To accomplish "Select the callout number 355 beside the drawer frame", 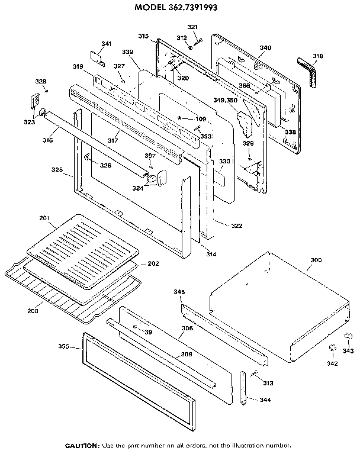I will click(65, 346).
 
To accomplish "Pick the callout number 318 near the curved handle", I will click(318, 56).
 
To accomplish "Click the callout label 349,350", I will click(225, 101).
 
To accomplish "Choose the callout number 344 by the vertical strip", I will click(266, 400).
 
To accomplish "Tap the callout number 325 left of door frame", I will click(57, 170).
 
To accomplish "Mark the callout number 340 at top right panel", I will click(265, 47).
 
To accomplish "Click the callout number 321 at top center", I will click(193, 27).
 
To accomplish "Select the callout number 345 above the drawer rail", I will click(179, 292).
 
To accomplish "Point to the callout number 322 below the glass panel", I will click(220, 226).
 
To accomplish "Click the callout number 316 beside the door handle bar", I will click(48, 140).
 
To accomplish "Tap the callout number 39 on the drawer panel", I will click(148, 332).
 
